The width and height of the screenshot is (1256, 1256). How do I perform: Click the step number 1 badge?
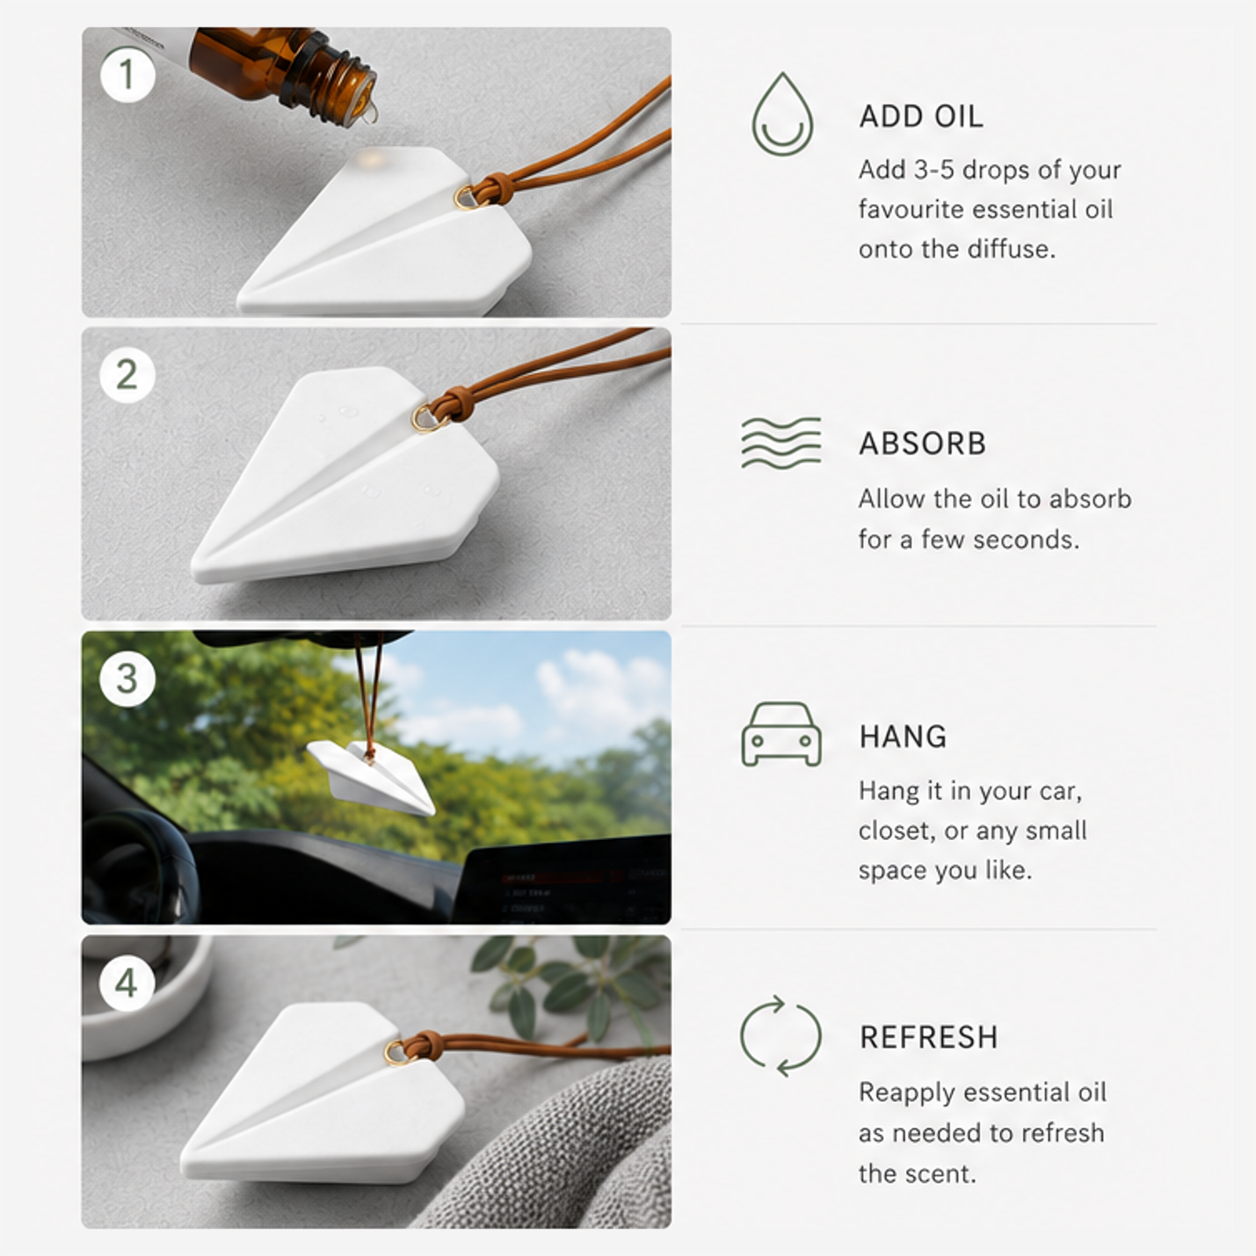[127, 75]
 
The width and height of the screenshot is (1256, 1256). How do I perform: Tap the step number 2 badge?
[127, 375]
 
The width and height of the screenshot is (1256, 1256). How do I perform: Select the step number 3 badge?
[127, 678]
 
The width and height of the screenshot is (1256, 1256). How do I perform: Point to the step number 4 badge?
[127, 983]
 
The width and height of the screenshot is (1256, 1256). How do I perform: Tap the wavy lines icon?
[781, 444]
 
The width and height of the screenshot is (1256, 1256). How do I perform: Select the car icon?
[781, 735]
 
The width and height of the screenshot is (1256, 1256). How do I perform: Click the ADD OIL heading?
[921, 117]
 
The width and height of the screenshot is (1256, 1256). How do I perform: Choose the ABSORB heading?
[922, 444]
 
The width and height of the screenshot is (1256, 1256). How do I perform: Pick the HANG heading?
[903, 737]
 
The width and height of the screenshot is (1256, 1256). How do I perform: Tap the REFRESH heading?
[929, 1037]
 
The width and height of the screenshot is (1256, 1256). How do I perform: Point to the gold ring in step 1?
[466, 197]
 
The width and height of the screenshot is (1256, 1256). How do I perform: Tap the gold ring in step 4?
[396, 1051]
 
